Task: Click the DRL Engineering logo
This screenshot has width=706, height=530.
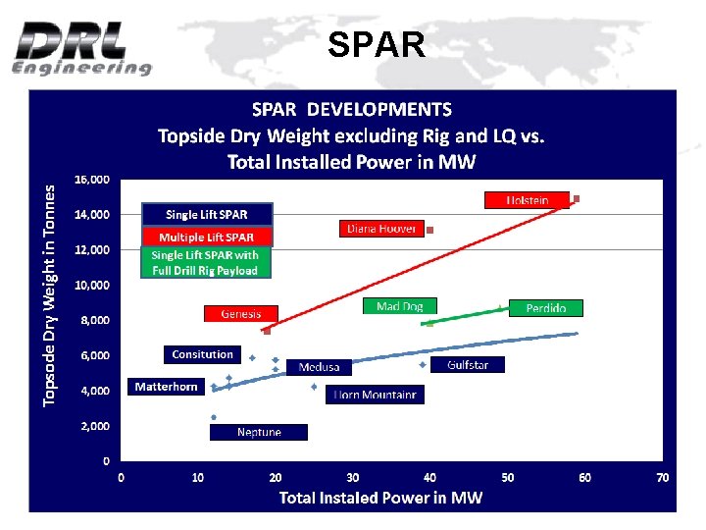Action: coord(83,47)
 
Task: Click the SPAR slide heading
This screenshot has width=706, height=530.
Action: coord(377,44)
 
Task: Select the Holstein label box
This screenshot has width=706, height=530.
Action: coord(527,199)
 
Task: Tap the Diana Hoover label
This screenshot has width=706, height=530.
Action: coord(381,229)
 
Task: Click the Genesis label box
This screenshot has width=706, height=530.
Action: coord(241,314)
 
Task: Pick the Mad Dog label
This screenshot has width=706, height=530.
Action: coord(399,306)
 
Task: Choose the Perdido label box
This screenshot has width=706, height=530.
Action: coord(545,308)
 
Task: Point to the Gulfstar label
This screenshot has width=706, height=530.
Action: coord(467,365)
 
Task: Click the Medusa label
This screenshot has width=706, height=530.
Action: coord(319,367)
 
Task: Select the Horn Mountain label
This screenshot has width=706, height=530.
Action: coord(375,395)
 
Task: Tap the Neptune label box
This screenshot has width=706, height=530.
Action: coord(259,432)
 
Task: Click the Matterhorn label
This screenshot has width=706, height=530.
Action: coord(166,387)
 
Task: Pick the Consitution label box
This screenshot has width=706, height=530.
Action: coord(202,354)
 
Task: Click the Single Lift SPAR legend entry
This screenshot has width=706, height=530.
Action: coord(206,214)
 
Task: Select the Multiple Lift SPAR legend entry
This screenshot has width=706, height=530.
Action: coord(206,237)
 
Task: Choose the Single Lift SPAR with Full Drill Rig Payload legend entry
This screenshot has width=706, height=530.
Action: coord(205,262)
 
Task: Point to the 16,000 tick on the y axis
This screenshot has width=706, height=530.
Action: coord(92,180)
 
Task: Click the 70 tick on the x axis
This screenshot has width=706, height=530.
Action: coord(662,478)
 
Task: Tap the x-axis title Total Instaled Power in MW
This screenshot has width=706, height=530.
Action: coord(380,498)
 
